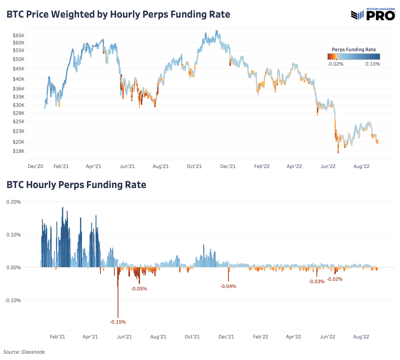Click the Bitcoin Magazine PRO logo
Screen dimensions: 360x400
(373, 14)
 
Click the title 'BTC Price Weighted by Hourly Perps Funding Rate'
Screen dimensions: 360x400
(118, 15)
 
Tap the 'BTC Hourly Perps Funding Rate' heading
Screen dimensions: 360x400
(76, 185)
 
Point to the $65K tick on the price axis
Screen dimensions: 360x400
(18, 35)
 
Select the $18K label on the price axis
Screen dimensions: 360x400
(18, 151)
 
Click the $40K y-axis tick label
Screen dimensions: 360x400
(18, 79)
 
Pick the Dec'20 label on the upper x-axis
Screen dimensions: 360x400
(35, 166)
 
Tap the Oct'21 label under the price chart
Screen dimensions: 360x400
(194, 166)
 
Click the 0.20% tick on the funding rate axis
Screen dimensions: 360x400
(14, 202)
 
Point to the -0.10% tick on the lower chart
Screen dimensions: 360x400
(13, 300)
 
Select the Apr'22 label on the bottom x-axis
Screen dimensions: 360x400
(293, 337)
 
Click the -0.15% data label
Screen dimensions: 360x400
(118, 322)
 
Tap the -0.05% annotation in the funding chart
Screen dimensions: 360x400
(139, 289)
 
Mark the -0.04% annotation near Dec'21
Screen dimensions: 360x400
(228, 286)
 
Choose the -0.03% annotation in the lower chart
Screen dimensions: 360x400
(316, 282)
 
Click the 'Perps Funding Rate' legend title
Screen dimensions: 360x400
(354, 50)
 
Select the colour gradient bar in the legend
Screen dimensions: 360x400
(354, 57)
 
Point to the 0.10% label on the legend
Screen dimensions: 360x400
(372, 64)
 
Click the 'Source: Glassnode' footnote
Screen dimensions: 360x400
(24, 352)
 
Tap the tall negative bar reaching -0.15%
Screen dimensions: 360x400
(118, 300)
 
